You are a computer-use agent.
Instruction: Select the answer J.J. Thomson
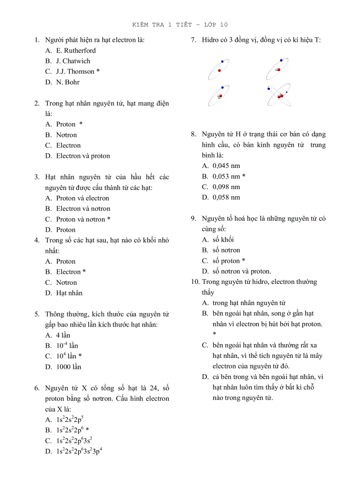click(75, 71)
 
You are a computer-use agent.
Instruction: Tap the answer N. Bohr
click(67, 82)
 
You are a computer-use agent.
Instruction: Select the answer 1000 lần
click(68, 367)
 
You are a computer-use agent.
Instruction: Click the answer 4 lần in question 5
click(63, 335)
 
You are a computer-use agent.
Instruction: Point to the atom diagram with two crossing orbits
click(279, 94)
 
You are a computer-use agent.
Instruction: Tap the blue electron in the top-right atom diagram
click(281, 60)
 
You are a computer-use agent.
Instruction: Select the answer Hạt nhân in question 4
click(69, 293)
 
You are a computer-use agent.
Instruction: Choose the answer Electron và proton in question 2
click(83, 156)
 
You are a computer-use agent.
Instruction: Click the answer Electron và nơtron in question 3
click(83, 209)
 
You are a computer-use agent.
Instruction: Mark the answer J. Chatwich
click(73, 61)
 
